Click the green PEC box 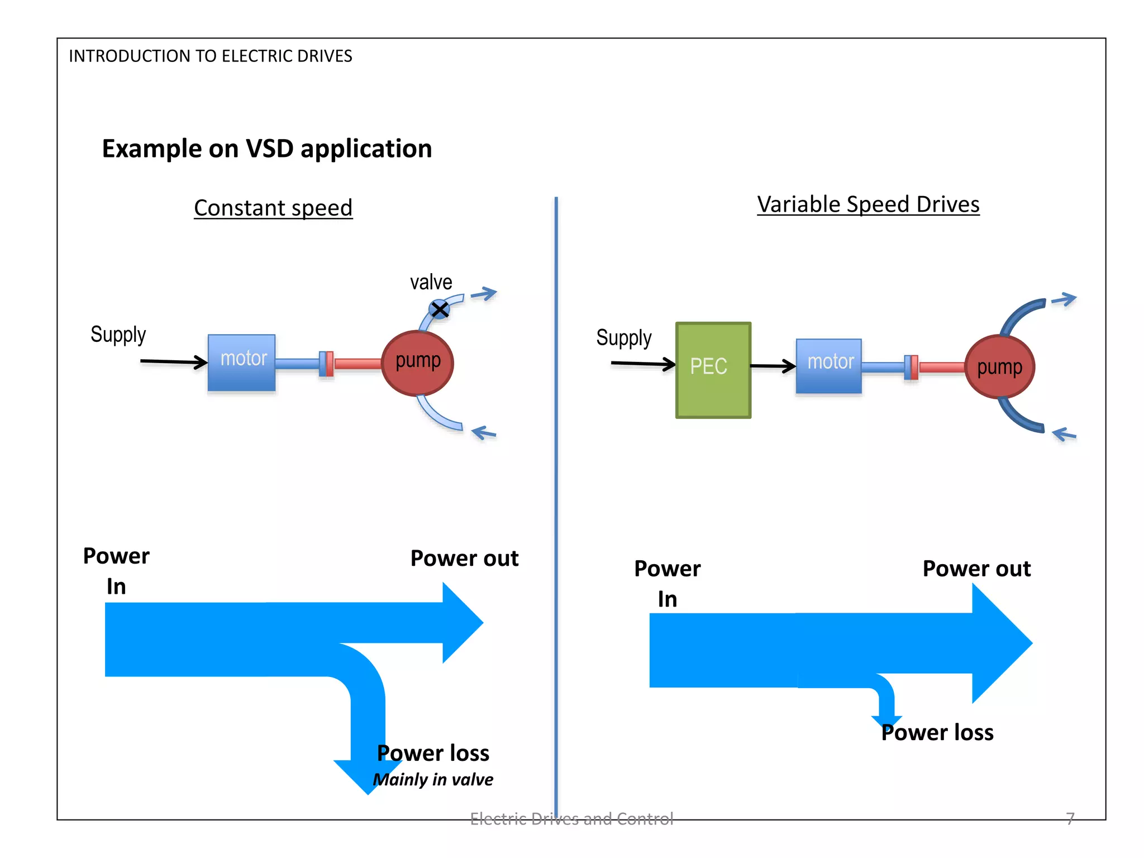click(713, 370)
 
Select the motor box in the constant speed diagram click(241, 362)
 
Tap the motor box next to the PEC click(828, 366)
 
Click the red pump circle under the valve click(417, 363)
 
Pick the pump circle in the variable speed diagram click(999, 367)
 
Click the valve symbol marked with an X click(440, 309)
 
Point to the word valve click(431, 282)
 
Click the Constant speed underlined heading click(273, 208)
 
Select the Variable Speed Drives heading click(868, 204)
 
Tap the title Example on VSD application click(266, 149)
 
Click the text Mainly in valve click(433, 779)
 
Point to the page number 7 click(1070, 818)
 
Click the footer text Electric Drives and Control click(571, 818)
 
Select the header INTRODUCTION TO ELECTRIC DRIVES click(210, 56)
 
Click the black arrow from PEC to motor click(773, 366)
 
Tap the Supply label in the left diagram click(118, 335)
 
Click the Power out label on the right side click(976, 569)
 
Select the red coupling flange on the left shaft click(330, 364)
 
